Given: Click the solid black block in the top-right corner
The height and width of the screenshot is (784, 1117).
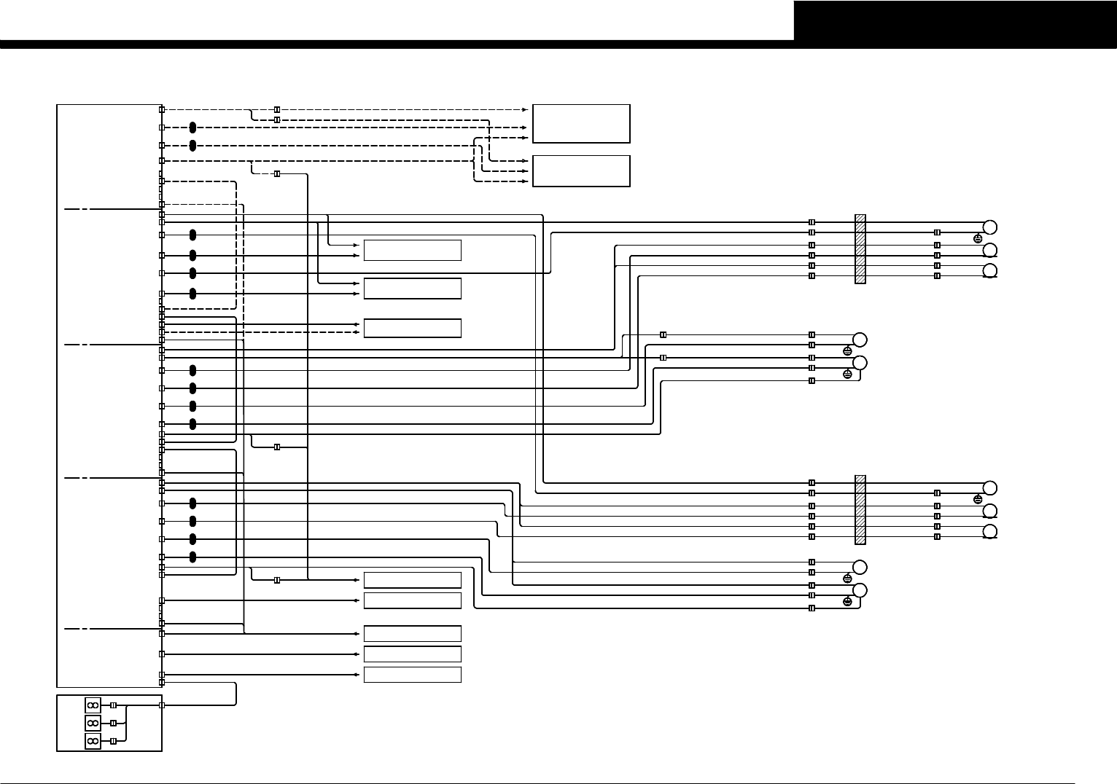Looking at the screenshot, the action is coord(955,20).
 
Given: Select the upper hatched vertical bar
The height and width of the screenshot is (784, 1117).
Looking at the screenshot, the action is coord(860,248).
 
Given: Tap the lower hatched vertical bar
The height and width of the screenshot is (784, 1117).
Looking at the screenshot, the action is coord(860,509).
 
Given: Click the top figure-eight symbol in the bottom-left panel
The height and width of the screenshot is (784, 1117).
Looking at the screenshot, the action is coord(93,705).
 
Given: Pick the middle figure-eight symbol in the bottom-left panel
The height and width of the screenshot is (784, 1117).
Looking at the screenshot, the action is coord(93,723).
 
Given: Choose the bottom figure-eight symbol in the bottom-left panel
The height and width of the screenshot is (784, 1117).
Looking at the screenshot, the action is coord(93,740).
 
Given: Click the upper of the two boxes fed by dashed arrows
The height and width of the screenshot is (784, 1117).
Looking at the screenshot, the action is coord(581,123).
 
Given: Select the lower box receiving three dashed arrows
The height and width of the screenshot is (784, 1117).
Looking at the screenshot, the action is coord(581,170).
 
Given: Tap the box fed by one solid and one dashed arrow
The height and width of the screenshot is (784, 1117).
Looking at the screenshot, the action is coord(412,328).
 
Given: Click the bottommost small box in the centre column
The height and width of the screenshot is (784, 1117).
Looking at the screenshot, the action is coord(412,675).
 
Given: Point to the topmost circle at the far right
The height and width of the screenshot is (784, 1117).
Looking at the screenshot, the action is coord(990,227).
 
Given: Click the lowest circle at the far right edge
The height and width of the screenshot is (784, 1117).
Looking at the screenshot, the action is coord(990,532).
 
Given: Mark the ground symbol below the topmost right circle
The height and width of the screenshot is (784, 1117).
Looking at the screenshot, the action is coord(978,238).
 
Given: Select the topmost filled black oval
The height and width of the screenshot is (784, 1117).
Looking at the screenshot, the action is coord(192,128).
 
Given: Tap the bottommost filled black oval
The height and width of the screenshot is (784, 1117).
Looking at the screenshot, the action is coord(192,557).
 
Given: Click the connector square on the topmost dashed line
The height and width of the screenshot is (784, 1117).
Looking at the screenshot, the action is coord(276,109).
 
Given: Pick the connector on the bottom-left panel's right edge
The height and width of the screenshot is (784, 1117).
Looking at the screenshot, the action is coord(161,705).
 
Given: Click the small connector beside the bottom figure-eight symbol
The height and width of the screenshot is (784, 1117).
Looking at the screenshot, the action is coord(112,740).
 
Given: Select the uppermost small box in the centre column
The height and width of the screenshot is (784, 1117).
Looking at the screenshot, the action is coord(412,250).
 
